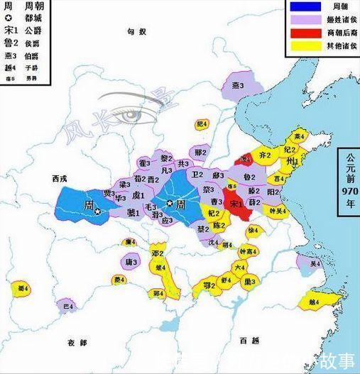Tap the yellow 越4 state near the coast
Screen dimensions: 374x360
point(313,301)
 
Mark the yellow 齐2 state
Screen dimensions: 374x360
point(265,153)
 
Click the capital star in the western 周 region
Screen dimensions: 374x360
point(99,211)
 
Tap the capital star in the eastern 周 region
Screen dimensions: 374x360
point(170,203)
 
